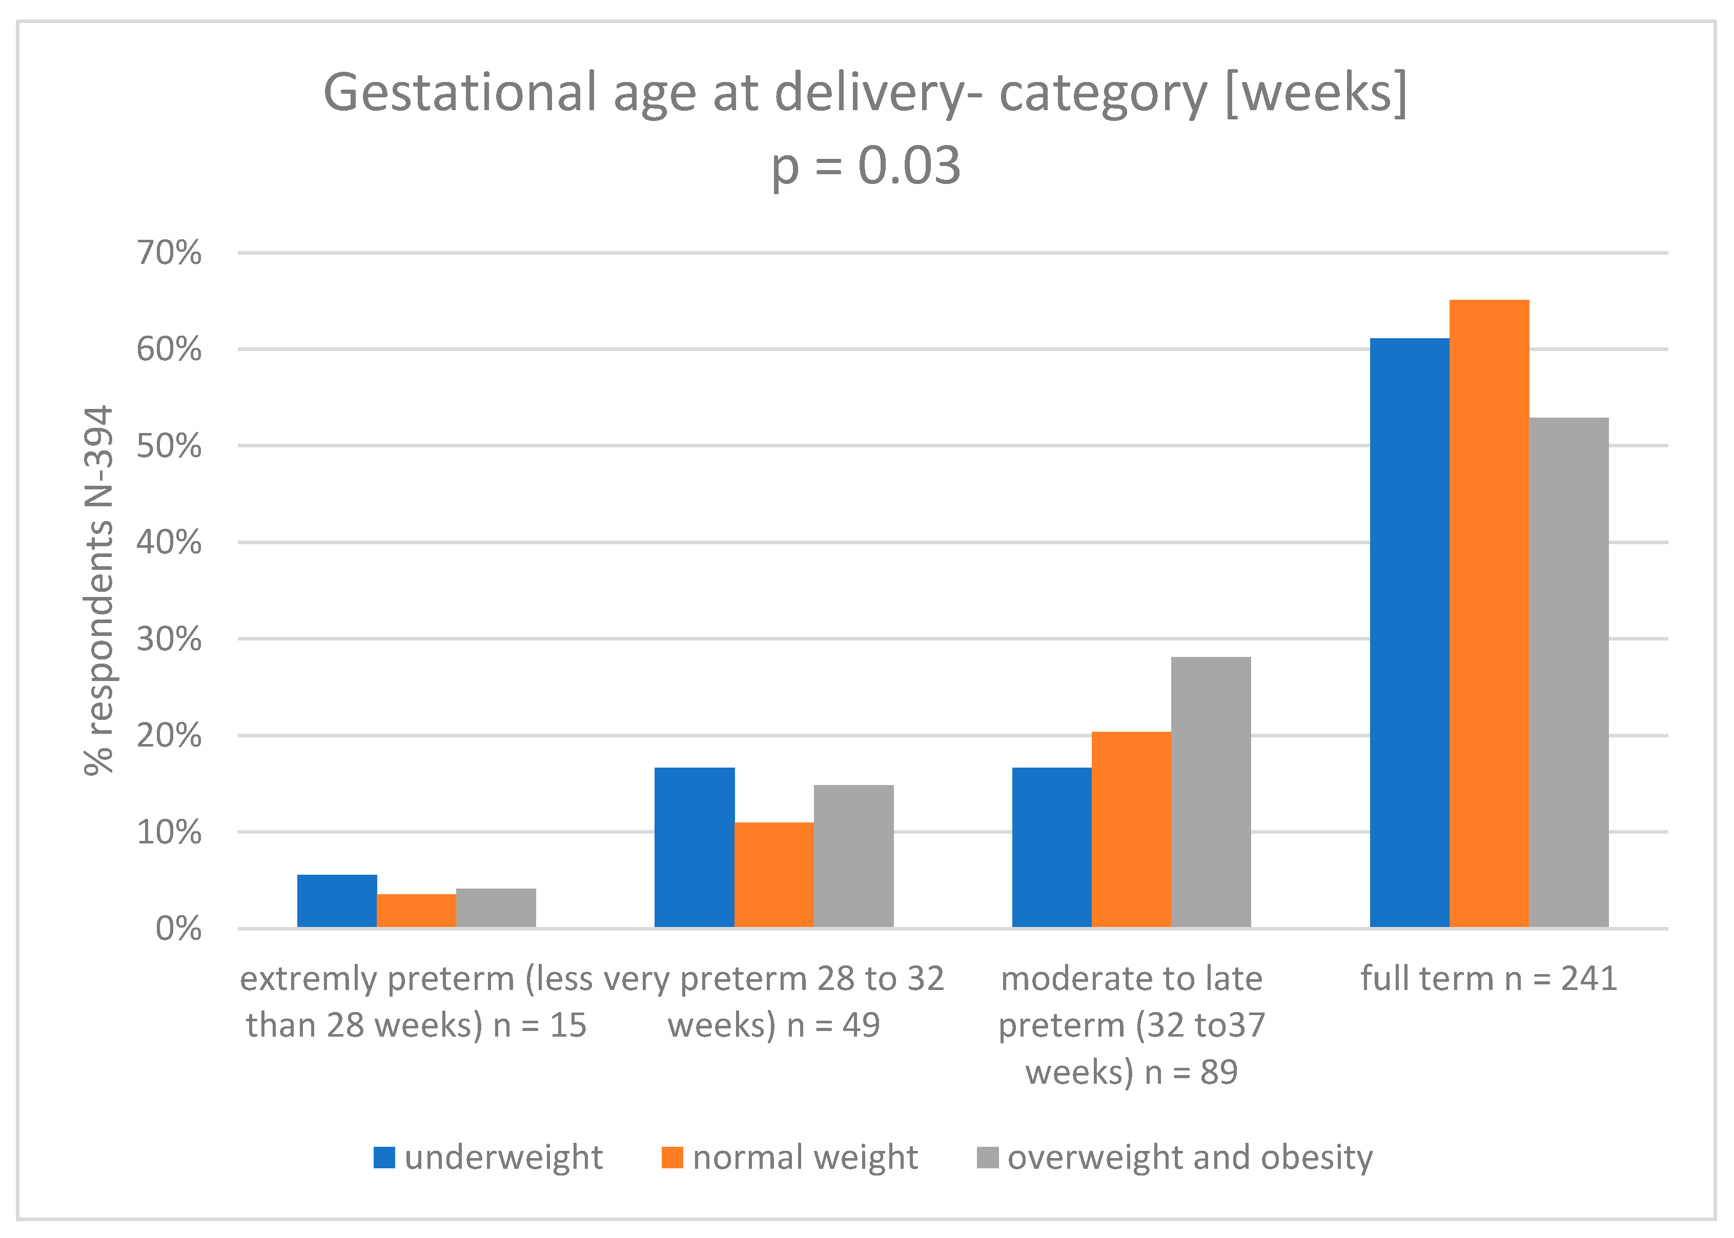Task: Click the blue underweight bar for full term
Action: [1409, 633]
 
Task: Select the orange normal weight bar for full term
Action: [1488, 614]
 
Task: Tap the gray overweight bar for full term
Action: [1568, 672]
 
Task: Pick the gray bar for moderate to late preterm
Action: [1211, 792]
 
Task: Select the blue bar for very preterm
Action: [694, 847]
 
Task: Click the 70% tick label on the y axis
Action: [169, 253]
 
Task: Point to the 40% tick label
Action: [169, 543]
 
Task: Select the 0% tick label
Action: [178, 929]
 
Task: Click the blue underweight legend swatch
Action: [384, 1157]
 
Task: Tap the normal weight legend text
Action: [805, 1157]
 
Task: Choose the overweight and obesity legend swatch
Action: [988, 1157]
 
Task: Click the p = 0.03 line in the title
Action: [866, 166]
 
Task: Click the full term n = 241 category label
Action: [1488, 979]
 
